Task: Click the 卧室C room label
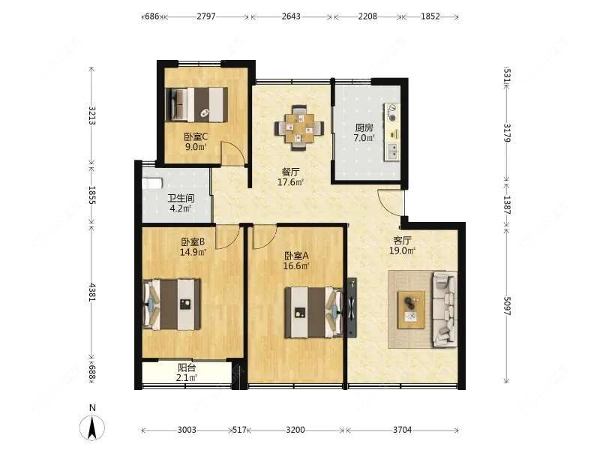[x=196, y=136]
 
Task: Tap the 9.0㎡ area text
[x=196, y=147]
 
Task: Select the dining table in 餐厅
[x=298, y=127]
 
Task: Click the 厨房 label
[x=364, y=127]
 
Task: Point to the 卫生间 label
[x=181, y=198]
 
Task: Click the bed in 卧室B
[x=172, y=304]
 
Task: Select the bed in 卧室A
[x=313, y=312]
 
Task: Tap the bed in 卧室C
[x=196, y=104]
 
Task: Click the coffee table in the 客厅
[x=411, y=310]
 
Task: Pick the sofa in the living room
[x=445, y=309]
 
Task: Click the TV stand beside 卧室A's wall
[x=352, y=307]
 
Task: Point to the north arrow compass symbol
[x=92, y=426]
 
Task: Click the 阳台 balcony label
[x=187, y=367]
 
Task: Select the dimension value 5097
[x=507, y=306]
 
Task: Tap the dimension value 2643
[x=291, y=16]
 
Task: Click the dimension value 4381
[x=91, y=292]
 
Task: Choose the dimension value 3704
[x=402, y=430]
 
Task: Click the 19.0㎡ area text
[x=402, y=251]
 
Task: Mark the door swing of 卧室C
[x=234, y=154]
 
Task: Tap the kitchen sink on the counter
[x=392, y=151]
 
